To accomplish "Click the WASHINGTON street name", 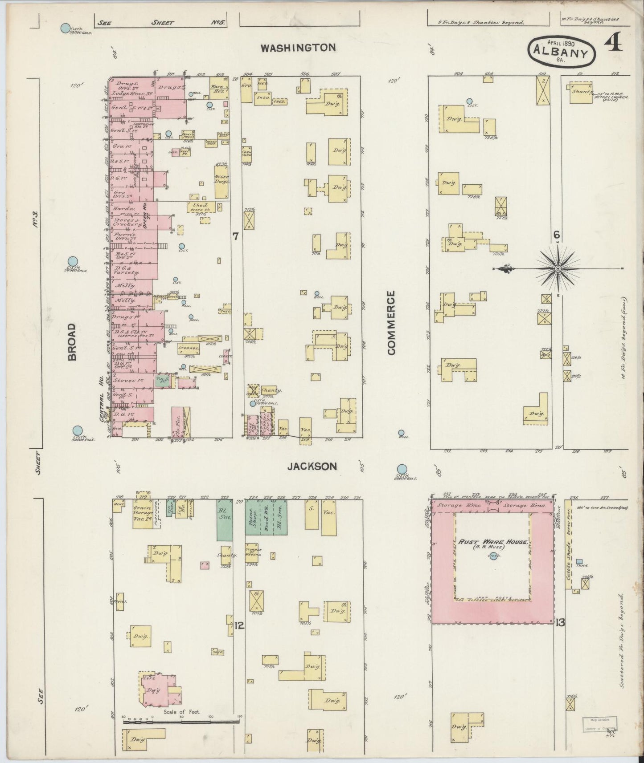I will (x=298, y=48).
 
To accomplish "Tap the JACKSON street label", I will (x=312, y=467).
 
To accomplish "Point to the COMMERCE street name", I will (x=391, y=323).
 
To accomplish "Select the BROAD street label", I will (x=72, y=341).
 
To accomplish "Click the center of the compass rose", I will (x=558, y=269).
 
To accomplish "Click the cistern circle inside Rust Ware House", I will (x=493, y=556).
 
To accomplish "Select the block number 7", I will (x=235, y=237).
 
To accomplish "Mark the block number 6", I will (x=556, y=235).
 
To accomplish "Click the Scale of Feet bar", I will (x=181, y=721).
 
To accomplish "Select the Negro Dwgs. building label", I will (x=222, y=179).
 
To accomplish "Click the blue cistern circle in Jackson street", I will (x=402, y=469).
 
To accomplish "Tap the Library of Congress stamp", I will (x=599, y=724).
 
